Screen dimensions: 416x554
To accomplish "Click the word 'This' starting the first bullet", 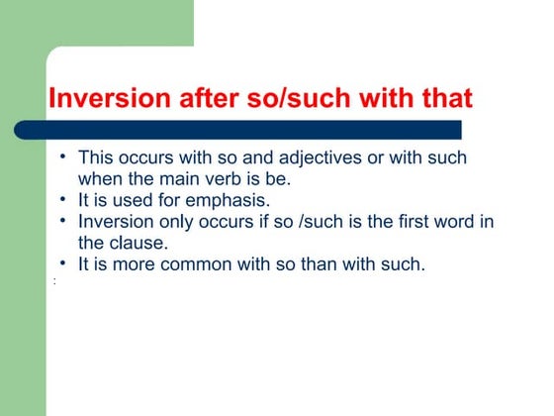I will click(96, 157).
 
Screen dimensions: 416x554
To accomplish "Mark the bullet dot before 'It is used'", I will click(62, 199).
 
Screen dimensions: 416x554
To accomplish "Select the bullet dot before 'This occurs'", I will click(62, 156).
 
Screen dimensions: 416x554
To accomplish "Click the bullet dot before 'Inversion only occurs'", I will click(62, 220).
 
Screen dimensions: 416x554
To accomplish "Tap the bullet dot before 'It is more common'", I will click(62, 263).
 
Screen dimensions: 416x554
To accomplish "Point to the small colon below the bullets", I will click(53, 282).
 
